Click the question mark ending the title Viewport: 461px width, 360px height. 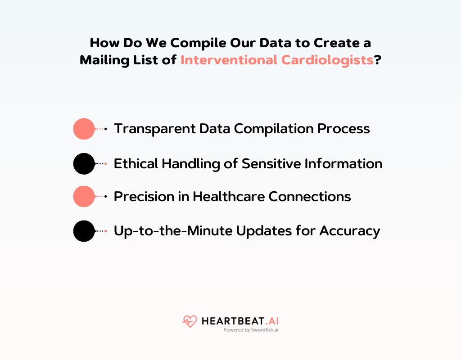378,60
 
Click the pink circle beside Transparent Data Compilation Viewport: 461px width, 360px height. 84,129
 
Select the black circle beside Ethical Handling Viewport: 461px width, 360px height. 84,164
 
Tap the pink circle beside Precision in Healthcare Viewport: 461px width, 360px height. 84,197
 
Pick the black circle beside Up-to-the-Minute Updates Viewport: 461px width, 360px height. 84,231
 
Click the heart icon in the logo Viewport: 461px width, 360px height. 190,321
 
